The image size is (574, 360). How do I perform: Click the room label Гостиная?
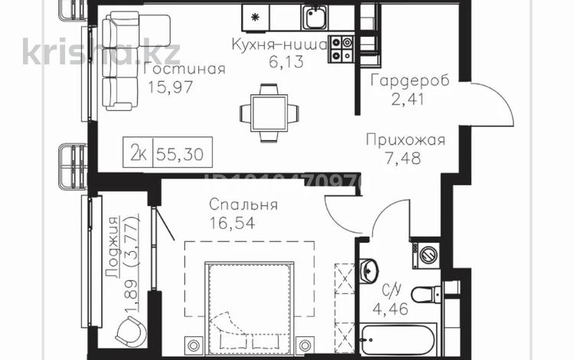(x=184, y=70)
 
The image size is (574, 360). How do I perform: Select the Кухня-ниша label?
(x=279, y=45)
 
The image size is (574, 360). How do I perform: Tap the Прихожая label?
(x=405, y=142)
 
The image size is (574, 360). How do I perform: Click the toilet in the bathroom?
(x=424, y=293)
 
